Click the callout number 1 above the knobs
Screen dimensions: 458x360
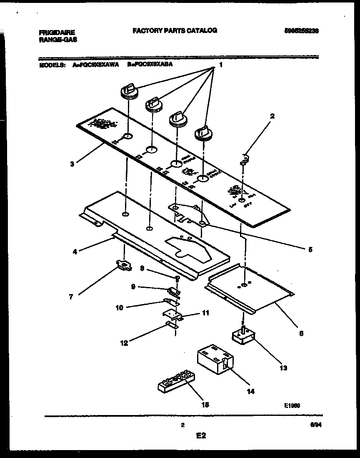click(221, 65)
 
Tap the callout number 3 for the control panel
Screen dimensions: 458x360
click(72, 164)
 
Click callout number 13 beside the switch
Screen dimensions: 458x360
click(284, 368)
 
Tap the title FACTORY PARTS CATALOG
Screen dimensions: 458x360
click(175, 30)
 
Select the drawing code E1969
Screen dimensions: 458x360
click(292, 405)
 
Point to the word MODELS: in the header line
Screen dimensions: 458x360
click(52, 65)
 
